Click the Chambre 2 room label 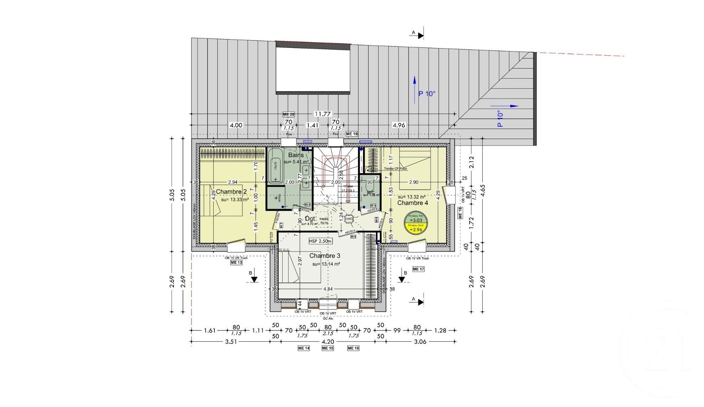coord(231,192)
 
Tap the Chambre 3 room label coord(325,256)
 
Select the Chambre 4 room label coord(413,203)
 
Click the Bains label coord(296,155)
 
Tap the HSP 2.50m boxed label coord(320,241)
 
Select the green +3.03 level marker coord(416,220)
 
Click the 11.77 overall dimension coord(323,114)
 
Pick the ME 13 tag coord(236,263)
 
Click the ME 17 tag coord(418,269)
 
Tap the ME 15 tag coord(327,348)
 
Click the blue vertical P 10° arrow coord(415,89)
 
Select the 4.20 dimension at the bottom coord(328,341)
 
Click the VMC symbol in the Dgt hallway coord(349,219)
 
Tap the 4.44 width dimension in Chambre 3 coord(328,289)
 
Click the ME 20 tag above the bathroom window coord(288,114)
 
